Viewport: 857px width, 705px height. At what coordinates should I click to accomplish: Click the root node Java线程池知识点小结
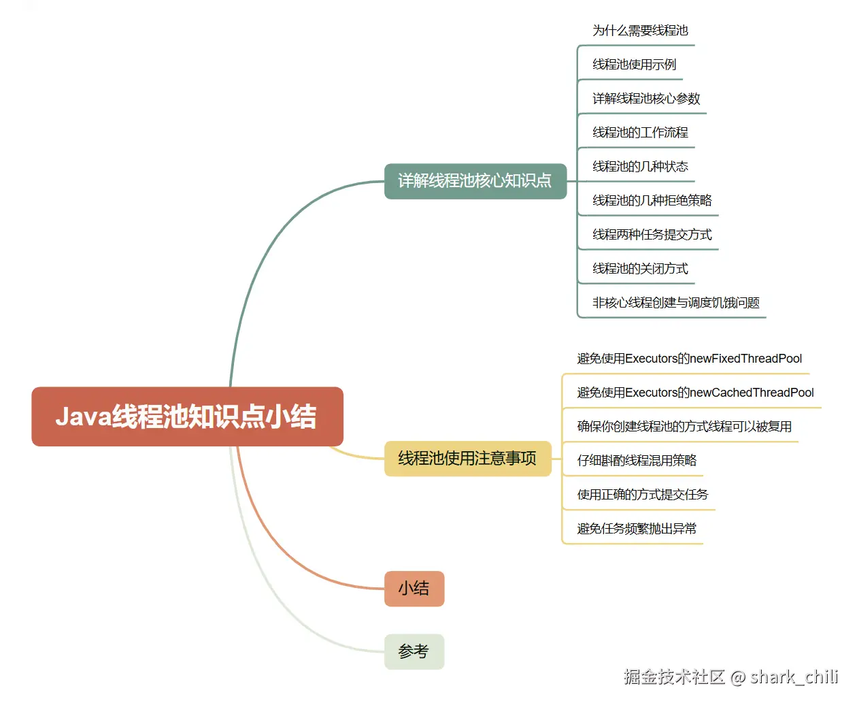187,416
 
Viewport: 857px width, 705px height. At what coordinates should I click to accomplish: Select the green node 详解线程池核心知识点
475,181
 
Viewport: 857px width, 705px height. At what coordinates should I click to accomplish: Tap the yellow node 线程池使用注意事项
467,459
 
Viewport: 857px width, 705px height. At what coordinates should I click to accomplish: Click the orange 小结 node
414,589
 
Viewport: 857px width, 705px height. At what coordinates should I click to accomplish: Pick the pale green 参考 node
414,652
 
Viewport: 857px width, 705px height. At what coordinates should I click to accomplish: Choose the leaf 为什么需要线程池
640,31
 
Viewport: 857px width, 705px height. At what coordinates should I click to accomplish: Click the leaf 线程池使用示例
634,65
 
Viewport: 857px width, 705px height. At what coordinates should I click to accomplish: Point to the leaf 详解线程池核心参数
646,99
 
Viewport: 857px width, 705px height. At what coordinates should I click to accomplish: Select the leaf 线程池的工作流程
640,133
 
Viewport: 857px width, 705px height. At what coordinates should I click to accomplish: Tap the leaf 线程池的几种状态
640,167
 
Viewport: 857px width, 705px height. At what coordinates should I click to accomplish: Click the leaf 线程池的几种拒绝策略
652,201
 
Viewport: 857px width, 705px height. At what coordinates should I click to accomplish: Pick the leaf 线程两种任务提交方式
652,235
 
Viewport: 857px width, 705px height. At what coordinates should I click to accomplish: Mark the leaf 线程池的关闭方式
640,269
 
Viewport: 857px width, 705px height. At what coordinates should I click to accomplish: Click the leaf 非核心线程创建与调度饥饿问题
675,303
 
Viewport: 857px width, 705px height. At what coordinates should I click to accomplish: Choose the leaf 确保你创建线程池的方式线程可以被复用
684,427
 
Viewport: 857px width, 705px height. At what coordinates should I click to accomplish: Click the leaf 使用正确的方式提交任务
642,495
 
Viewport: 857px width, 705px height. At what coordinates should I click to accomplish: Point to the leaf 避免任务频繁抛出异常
637,529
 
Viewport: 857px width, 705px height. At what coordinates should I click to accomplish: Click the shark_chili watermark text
794,677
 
